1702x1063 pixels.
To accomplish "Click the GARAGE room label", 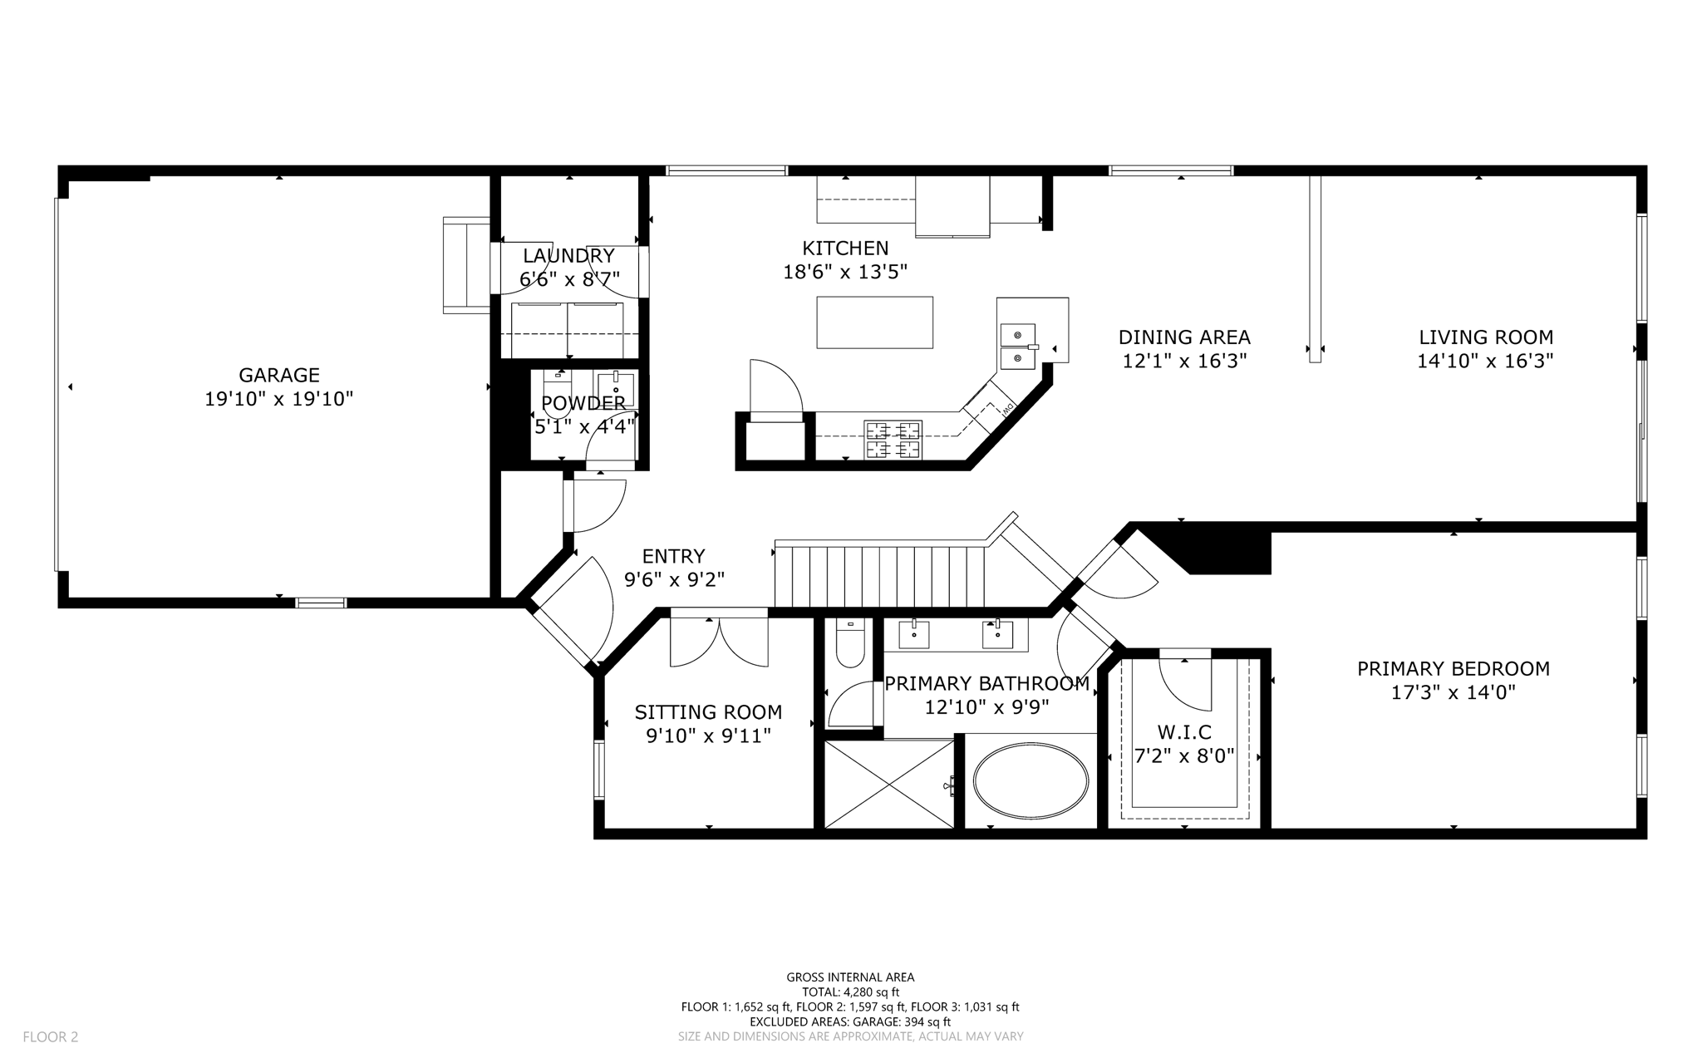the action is tap(279, 375).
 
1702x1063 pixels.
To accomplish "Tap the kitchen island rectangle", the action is tap(874, 322).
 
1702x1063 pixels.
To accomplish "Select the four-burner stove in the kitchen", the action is tap(893, 440).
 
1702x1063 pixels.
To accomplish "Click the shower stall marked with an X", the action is tap(889, 784).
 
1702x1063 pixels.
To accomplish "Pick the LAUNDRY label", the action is tap(568, 256).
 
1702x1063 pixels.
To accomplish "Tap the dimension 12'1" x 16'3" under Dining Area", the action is tap(1185, 361).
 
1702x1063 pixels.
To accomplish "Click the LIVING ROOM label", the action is tap(1486, 337).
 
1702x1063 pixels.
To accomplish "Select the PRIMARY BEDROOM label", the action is tap(1454, 668).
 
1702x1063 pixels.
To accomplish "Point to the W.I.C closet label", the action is tap(1184, 732).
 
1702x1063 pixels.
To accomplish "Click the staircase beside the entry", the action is tap(880, 576).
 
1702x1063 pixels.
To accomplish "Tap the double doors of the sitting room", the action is tap(720, 637).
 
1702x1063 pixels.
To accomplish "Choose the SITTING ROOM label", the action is tap(708, 712).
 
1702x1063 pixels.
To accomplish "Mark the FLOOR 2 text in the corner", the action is tap(51, 1036).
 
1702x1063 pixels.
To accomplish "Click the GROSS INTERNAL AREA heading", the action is tap(850, 977).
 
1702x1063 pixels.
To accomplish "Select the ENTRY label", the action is tap(674, 556).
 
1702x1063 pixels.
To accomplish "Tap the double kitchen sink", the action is tap(1017, 346).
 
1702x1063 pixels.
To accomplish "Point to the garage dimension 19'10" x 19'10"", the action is tap(279, 399).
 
